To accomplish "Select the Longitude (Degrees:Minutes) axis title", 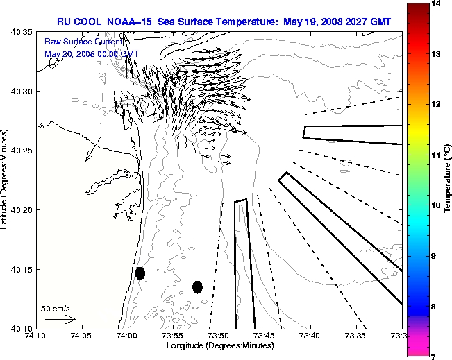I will click(218, 346).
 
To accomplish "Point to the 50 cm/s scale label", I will click(56, 308).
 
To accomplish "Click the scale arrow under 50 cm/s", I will click(60, 319).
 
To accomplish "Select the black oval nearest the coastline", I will click(140, 273).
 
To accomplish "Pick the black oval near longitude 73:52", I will click(197, 286).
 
